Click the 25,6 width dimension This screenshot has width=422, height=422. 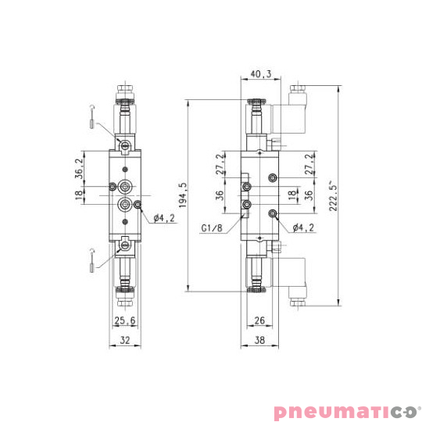(x=124, y=321)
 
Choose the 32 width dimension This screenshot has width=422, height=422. (x=124, y=340)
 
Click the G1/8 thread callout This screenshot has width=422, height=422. (x=212, y=228)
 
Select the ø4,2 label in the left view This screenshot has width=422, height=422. (x=163, y=218)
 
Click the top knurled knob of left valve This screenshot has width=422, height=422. (x=124, y=102)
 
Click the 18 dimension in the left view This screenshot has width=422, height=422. (x=80, y=197)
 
